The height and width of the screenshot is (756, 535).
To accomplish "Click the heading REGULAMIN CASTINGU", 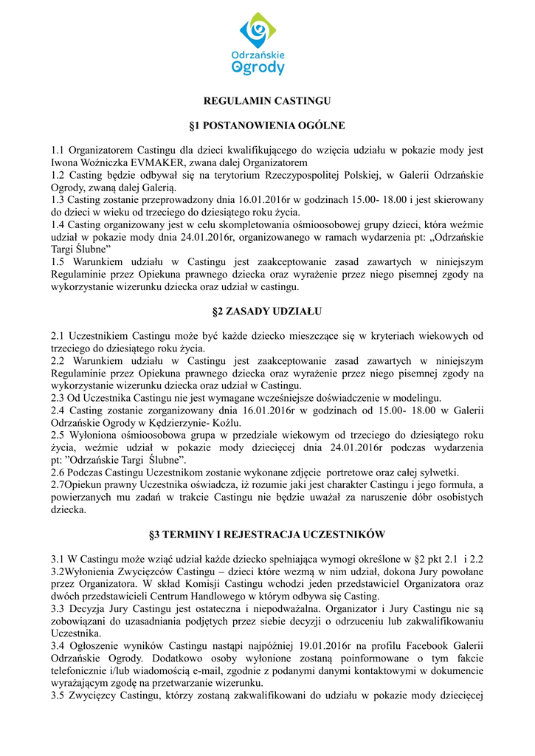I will (x=267, y=100).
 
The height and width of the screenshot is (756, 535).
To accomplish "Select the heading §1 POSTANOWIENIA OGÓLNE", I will (x=267, y=126).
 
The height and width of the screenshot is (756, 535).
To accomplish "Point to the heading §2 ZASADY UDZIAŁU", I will (x=267, y=311).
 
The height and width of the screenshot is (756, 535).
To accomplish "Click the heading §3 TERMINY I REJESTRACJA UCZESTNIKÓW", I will (x=267, y=534).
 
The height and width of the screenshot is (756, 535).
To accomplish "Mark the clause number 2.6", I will (x=59, y=472).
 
